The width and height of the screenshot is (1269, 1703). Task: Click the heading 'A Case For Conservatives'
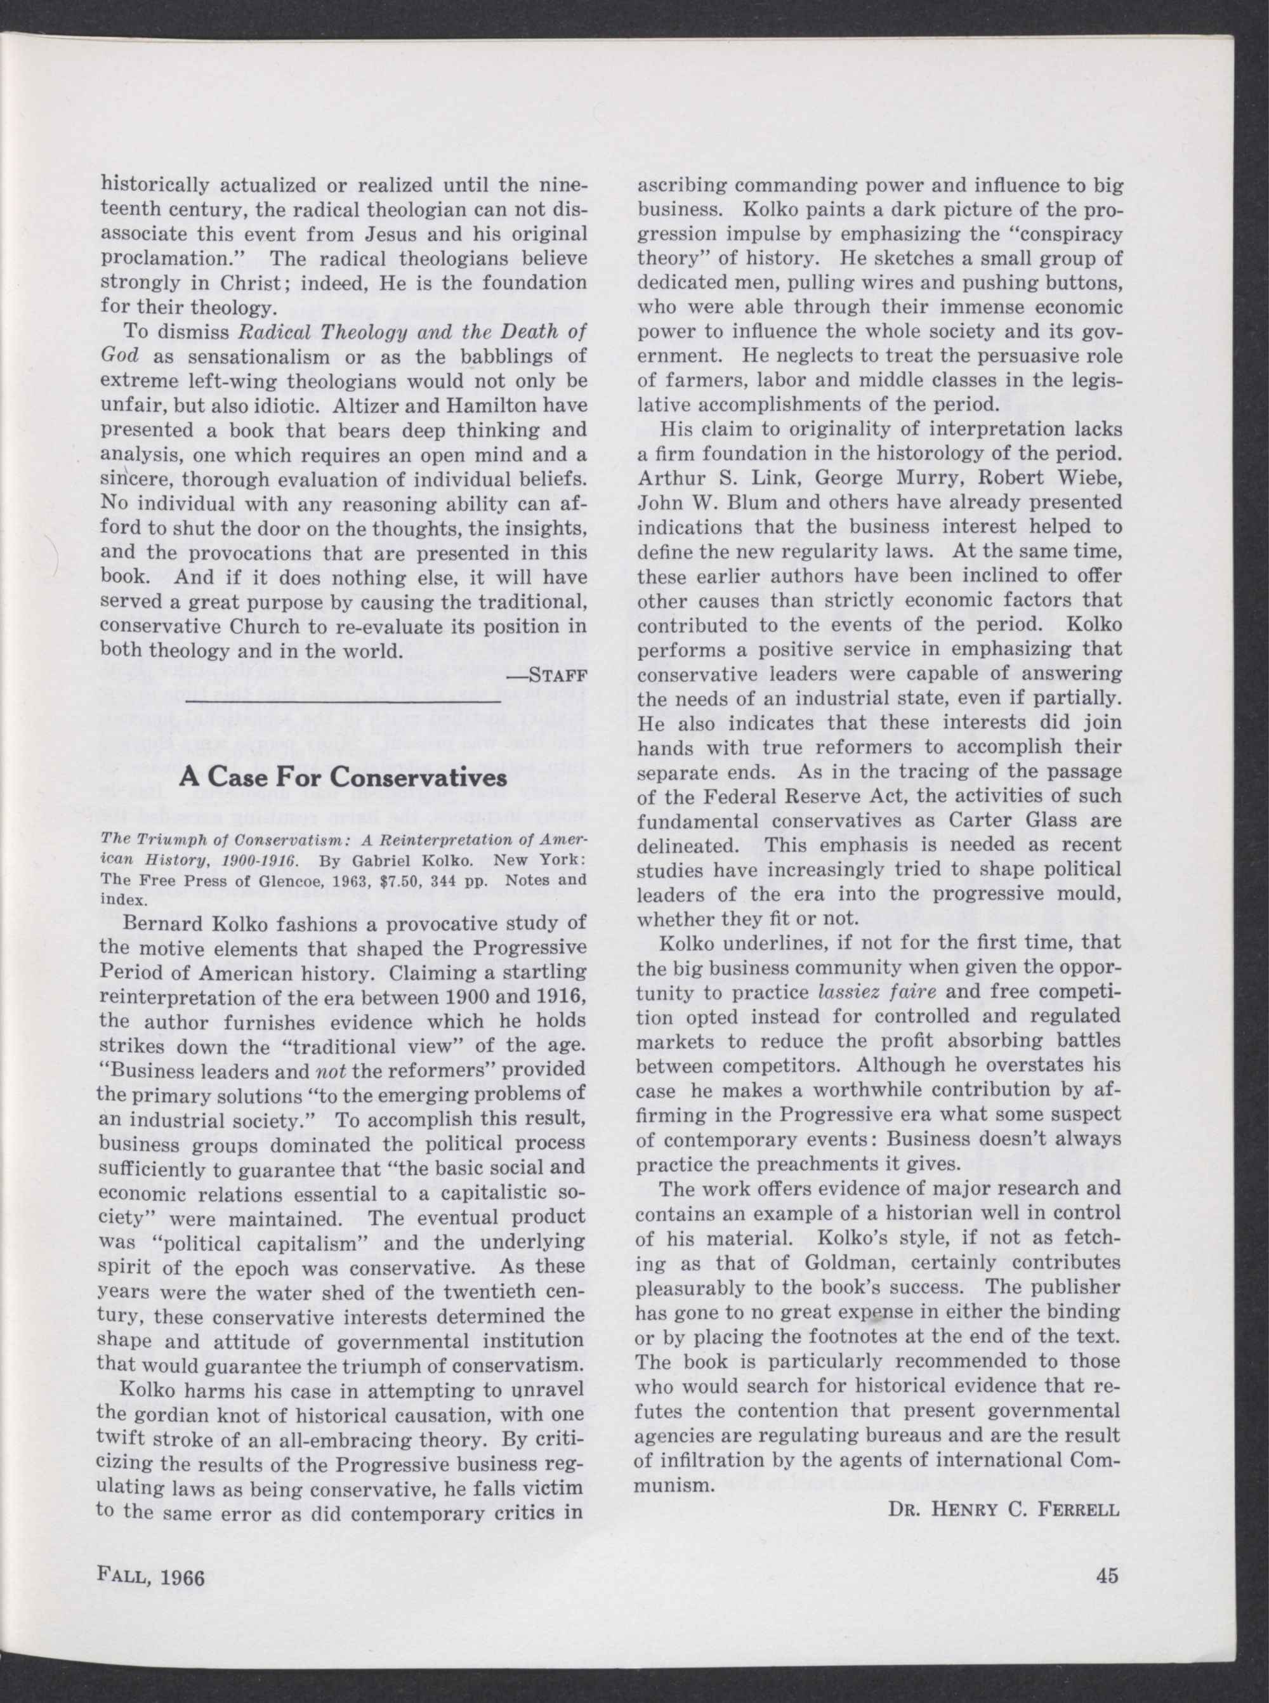(343, 777)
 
